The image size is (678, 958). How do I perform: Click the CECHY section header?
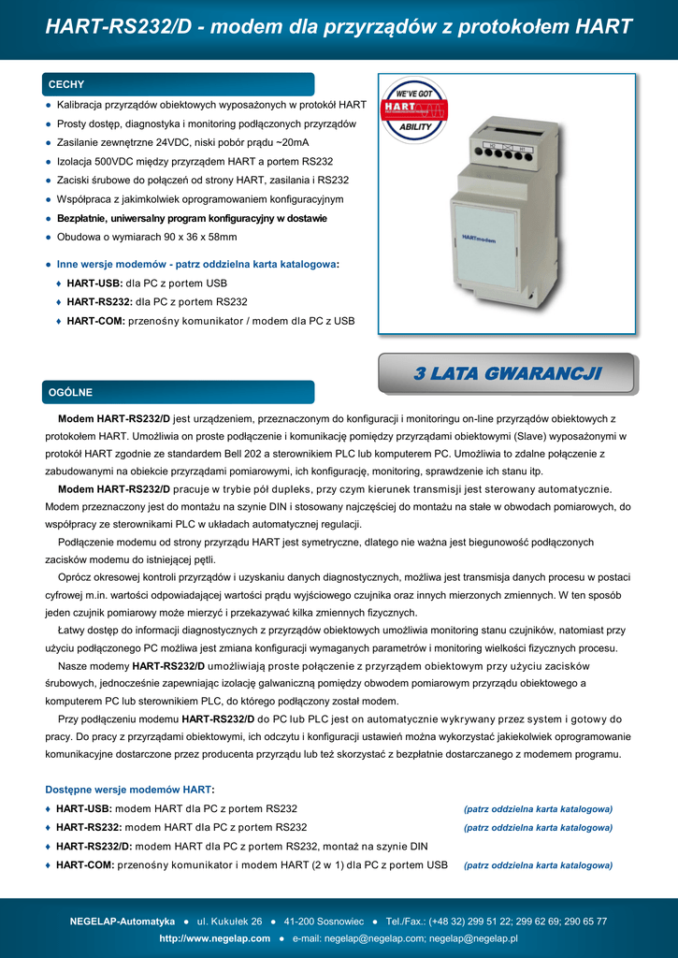click(x=66, y=85)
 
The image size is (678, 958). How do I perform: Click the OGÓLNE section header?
click(x=71, y=392)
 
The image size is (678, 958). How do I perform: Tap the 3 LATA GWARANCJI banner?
click(x=507, y=374)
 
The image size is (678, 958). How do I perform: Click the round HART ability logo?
click(x=414, y=110)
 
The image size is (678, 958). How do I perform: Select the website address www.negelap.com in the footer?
click(x=215, y=938)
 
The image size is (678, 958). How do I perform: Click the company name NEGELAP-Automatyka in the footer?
click(x=122, y=922)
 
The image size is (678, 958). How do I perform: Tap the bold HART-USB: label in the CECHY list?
click(x=94, y=283)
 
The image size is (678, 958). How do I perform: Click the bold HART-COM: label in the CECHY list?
click(x=96, y=321)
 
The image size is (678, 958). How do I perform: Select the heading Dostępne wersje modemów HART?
click(x=129, y=790)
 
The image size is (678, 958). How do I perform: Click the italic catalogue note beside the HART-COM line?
click(x=538, y=865)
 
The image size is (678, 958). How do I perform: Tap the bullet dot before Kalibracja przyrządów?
click(x=48, y=105)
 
